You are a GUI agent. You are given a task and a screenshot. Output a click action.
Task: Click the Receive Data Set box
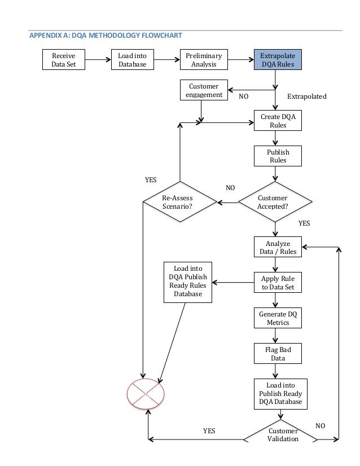64,60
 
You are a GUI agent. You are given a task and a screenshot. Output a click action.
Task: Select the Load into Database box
132,60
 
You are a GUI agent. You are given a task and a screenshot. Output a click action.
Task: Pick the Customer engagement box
204,90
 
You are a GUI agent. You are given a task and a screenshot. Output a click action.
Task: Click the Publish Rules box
278,156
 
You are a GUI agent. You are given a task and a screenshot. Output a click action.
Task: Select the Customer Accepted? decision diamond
274,202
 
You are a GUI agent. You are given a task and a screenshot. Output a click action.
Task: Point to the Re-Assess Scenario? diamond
180,202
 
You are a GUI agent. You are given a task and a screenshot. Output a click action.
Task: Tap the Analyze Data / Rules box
278,247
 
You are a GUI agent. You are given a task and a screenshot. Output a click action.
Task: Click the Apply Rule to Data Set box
278,283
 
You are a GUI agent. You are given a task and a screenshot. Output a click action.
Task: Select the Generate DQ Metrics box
278,318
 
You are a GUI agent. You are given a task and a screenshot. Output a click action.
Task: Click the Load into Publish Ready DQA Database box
280,394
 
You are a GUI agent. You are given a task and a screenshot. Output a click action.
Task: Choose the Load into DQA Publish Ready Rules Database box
188,282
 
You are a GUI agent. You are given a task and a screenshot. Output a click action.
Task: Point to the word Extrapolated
307,96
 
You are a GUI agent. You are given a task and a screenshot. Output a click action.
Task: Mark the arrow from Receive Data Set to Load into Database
97,59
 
